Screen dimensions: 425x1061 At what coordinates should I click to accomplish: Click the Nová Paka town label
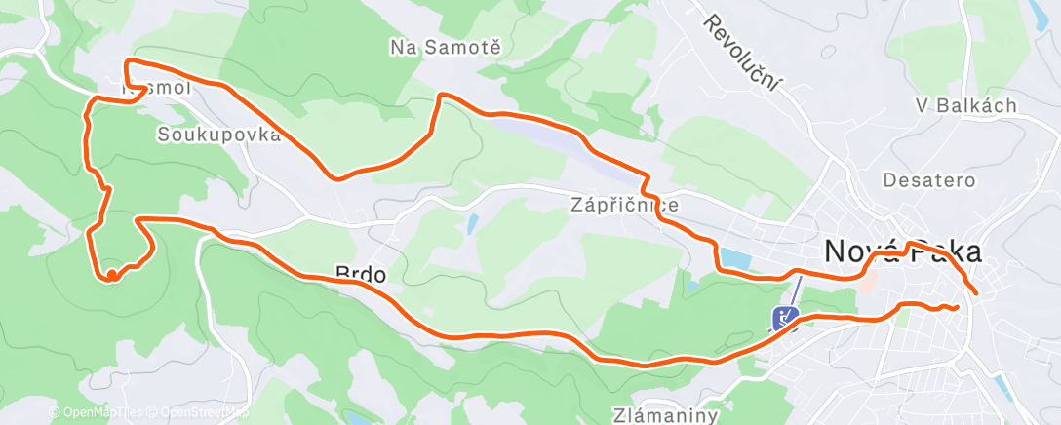point(902,251)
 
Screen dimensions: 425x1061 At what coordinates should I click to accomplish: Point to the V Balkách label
point(966,105)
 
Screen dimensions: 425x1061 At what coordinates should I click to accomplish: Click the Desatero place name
point(922,180)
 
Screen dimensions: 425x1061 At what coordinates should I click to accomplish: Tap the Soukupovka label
point(218,135)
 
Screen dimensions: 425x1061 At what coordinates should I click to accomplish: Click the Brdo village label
point(360,276)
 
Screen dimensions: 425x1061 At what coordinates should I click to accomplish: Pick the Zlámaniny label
point(667,415)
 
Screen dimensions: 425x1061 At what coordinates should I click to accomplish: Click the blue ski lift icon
point(786,318)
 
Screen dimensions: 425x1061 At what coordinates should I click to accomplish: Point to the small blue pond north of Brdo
point(472,225)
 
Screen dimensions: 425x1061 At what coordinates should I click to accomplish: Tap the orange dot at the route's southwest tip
point(112,276)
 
